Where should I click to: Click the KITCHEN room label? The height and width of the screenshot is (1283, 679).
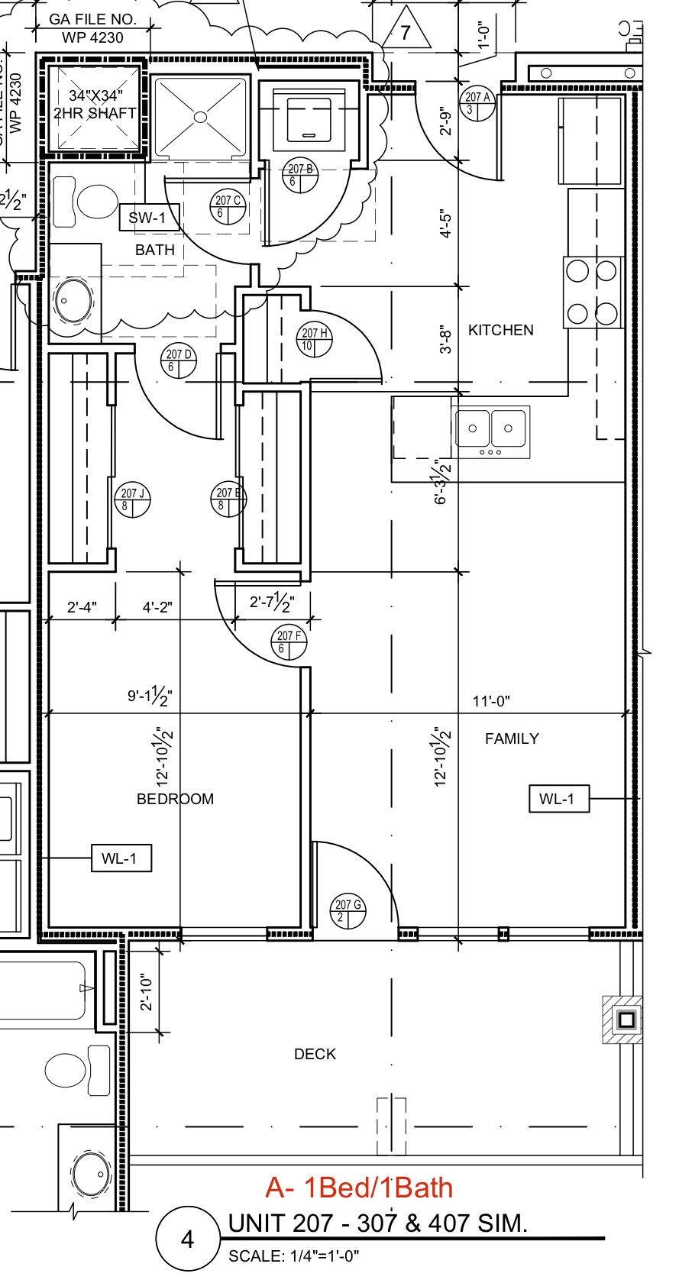coord(500,330)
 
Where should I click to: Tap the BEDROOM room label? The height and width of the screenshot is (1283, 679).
coord(175,799)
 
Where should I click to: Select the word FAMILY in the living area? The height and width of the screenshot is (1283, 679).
coord(512,738)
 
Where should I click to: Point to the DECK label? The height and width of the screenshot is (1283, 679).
coord(315,1054)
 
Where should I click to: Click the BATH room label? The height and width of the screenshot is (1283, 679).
coord(154,250)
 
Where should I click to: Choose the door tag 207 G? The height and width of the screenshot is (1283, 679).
coord(348,911)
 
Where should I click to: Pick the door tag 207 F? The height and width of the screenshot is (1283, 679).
coord(289,642)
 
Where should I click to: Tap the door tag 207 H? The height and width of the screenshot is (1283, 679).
coord(314,339)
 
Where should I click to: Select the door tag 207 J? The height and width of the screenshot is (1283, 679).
coord(132,499)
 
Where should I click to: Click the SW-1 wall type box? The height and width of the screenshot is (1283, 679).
coord(148,218)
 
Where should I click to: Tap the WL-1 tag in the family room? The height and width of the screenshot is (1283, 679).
coord(558,799)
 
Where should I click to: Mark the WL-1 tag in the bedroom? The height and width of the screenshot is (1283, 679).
coord(121,858)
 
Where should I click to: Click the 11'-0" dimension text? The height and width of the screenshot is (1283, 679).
coord(491,700)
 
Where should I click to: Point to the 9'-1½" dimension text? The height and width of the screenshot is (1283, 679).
coord(150,696)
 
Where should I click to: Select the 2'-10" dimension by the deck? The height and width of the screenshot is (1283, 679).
coord(147,992)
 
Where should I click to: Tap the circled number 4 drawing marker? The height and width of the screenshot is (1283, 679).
coord(187,1239)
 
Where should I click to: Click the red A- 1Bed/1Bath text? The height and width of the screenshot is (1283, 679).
coord(359,1188)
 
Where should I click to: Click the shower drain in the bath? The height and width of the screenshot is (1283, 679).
coord(200,117)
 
